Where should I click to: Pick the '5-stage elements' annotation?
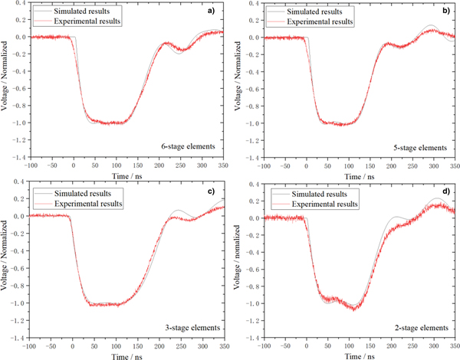pos(421,146)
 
